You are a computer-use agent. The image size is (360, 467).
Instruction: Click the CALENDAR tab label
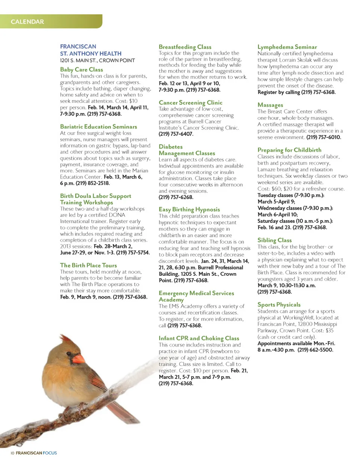click(27, 22)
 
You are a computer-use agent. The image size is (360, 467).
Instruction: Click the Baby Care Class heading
click(81, 69)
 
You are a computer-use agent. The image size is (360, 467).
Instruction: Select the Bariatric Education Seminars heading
click(98, 127)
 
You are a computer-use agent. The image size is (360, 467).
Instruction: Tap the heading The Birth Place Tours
click(88, 265)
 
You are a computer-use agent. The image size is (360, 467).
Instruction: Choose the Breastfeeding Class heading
click(185, 47)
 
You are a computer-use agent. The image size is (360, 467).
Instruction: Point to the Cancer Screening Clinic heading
click(190, 102)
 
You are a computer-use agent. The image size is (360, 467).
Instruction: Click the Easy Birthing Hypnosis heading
click(189, 209)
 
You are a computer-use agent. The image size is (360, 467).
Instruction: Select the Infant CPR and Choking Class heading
click(199, 338)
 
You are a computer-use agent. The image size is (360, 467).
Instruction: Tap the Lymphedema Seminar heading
click(287, 47)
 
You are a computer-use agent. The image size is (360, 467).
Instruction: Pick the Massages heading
click(270, 105)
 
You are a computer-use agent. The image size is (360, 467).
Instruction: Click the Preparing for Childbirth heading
click(289, 150)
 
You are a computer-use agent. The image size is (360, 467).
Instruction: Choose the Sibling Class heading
click(274, 240)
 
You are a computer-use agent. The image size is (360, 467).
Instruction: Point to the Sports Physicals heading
click(279, 305)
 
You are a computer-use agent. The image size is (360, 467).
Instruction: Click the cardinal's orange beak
click(78, 359)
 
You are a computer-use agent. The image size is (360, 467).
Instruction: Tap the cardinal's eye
click(74, 351)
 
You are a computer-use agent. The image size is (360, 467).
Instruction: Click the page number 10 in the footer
click(12, 453)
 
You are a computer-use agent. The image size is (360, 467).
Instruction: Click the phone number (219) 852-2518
click(93, 183)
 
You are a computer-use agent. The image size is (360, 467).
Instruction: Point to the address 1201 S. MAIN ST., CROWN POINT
click(97, 60)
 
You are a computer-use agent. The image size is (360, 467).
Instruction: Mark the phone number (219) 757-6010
click(324, 137)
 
